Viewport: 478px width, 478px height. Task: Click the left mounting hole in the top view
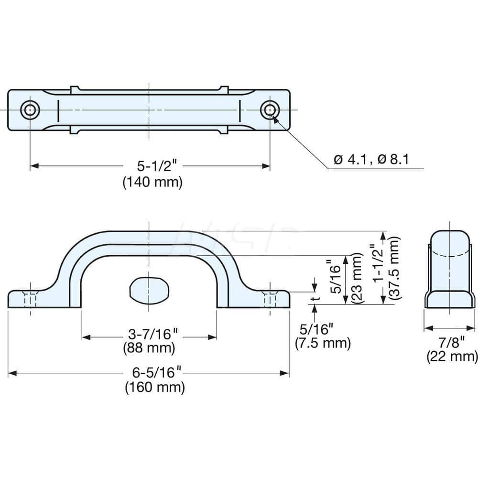[30, 110]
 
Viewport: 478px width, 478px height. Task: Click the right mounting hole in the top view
[270, 110]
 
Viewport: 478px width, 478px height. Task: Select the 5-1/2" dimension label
[151, 166]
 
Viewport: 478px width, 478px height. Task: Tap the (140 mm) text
[152, 182]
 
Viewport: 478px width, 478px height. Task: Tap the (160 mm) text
[155, 387]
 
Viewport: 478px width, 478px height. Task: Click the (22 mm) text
[452, 356]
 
